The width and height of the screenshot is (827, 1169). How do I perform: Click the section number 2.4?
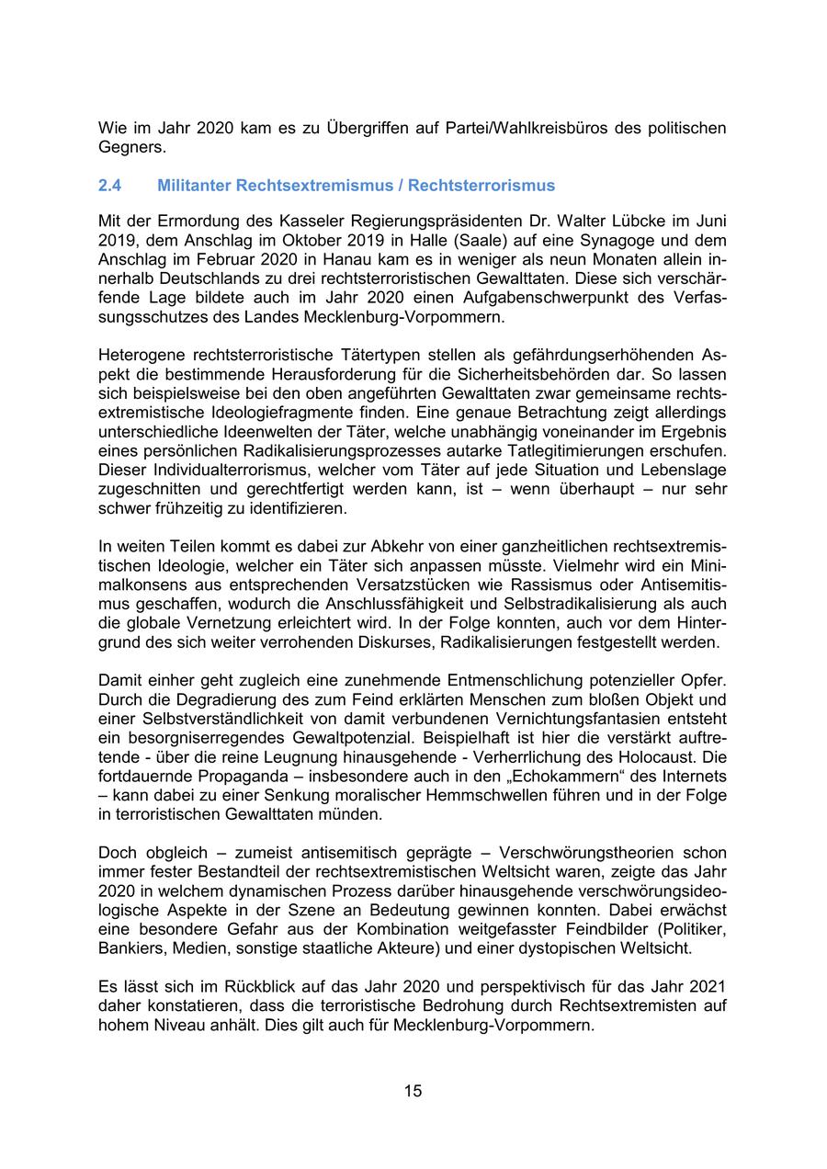click(110, 186)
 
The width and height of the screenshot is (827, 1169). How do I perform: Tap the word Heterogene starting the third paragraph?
click(142, 355)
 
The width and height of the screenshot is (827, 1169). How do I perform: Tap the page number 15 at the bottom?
click(413, 1091)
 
